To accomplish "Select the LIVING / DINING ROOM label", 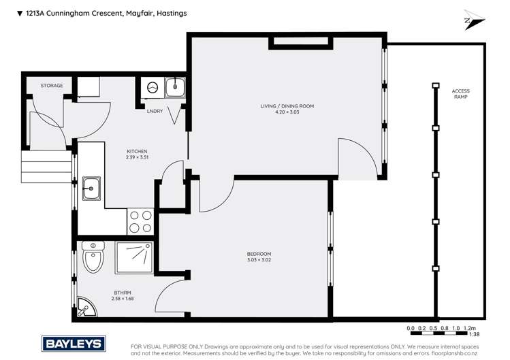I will point(287,105).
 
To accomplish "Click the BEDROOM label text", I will point(259,254).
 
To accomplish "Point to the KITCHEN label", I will point(137,151).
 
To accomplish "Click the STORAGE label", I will point(52,86).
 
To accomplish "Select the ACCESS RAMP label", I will point(461,94).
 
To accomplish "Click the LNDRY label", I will point(155,111).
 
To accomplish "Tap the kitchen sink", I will point(91,189).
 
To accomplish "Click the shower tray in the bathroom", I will point(135,259).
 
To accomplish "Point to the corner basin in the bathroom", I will point(84,308).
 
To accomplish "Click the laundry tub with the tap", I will point(175,88).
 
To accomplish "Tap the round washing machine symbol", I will point(153,88).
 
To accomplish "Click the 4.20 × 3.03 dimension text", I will point(287,112).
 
